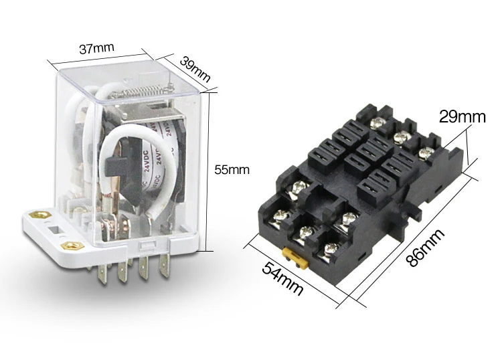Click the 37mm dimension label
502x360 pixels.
coord(96,48)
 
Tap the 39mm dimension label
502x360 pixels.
coord(195,69)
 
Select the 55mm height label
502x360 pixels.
coord(232,169)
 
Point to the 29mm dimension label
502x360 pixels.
coord(462,117)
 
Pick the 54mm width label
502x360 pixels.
coord(282,278)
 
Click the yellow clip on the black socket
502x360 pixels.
coord(295,258)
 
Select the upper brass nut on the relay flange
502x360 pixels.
coord(40,214)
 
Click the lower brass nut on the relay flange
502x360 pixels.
coord(72,246)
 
